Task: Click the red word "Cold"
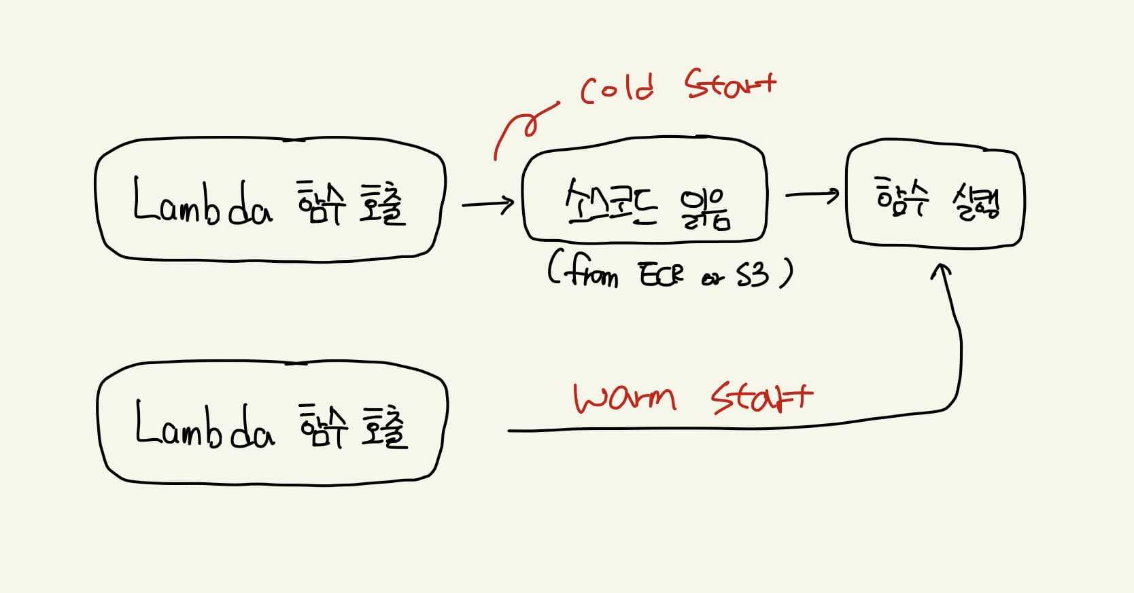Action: pos(617,88)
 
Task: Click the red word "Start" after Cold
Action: pos(729,85)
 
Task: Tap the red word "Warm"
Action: pos(624,398)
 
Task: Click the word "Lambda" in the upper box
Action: pos(203,202)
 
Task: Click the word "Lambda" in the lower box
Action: pos(204,426)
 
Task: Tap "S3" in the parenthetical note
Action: pos(753,274)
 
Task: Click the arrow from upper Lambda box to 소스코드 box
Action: pos(487,202)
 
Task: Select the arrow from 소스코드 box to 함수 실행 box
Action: pos(812,196)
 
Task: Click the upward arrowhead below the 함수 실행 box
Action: pos(941,272)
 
